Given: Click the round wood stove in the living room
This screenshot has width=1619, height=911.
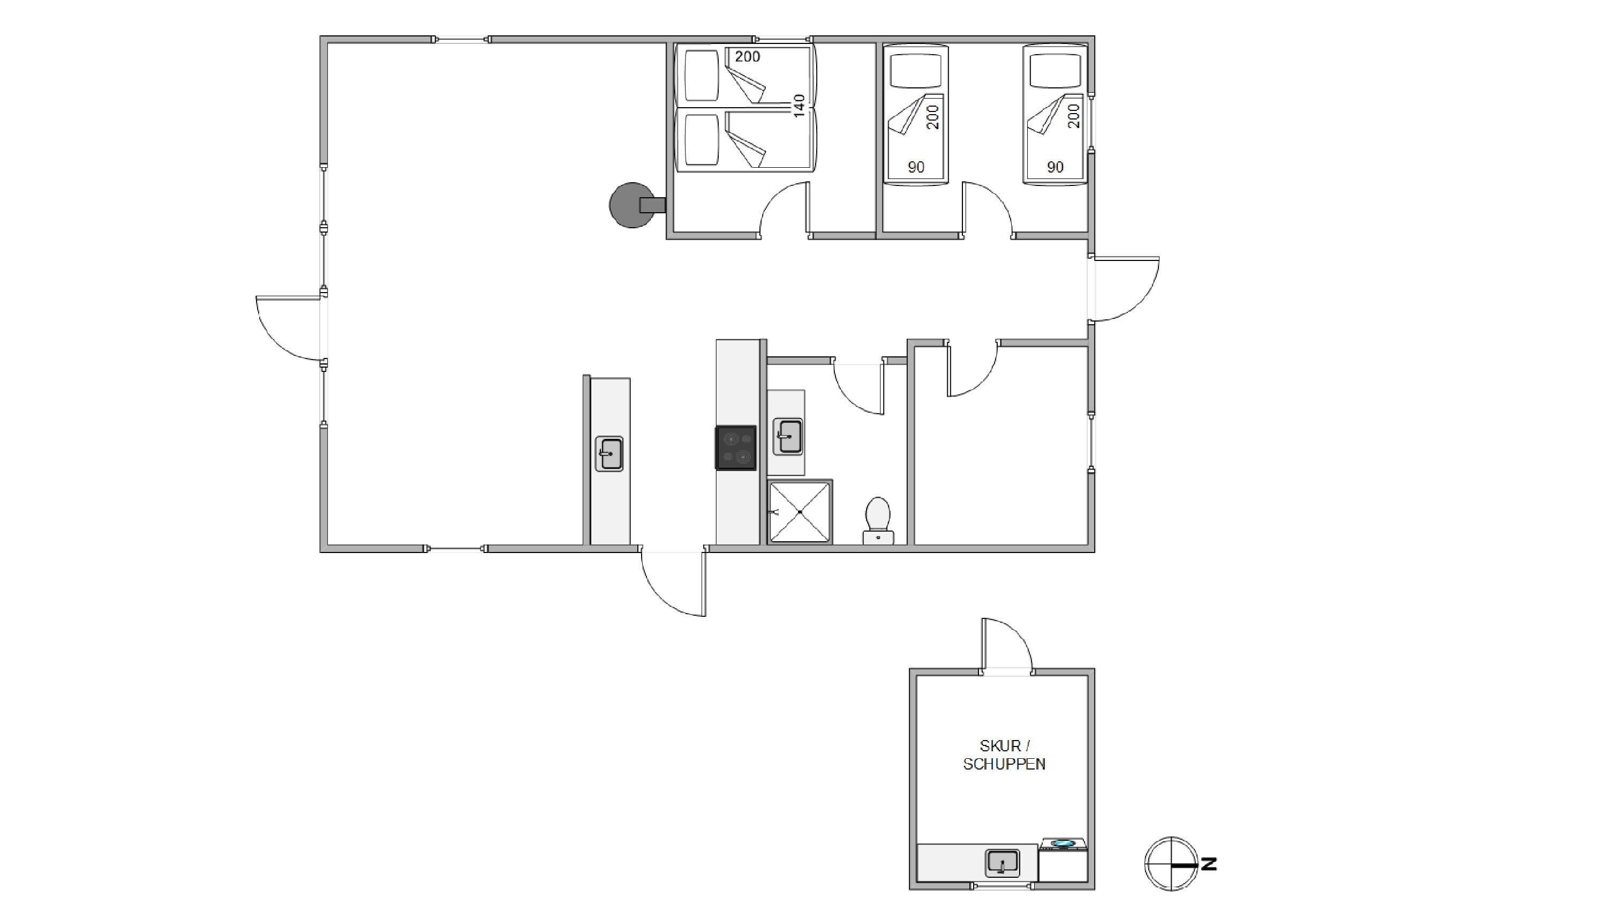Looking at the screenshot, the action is (631, 205).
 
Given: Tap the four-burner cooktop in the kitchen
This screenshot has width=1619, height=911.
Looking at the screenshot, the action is (736, 447).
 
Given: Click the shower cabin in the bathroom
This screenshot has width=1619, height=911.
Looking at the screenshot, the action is (800, 512).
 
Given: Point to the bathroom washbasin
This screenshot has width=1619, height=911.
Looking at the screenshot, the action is (787, 436).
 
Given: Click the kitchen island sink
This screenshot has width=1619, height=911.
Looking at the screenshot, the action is (609, 453).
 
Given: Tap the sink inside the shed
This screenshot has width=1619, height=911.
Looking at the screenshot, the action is (1003, 863).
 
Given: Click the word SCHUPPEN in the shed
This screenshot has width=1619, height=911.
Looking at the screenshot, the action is (1004, 764).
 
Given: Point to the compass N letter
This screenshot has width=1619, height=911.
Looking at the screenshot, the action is (1209, 864).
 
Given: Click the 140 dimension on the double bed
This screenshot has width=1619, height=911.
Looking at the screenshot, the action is (799, 106).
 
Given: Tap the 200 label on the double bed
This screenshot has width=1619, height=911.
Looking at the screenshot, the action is (747, 57).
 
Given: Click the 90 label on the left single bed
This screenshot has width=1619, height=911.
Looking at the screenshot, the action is (916, 167).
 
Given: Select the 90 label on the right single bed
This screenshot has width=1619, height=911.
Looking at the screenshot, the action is (1055, 167).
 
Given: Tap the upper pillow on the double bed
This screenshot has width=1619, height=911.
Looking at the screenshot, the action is (702, 76).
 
